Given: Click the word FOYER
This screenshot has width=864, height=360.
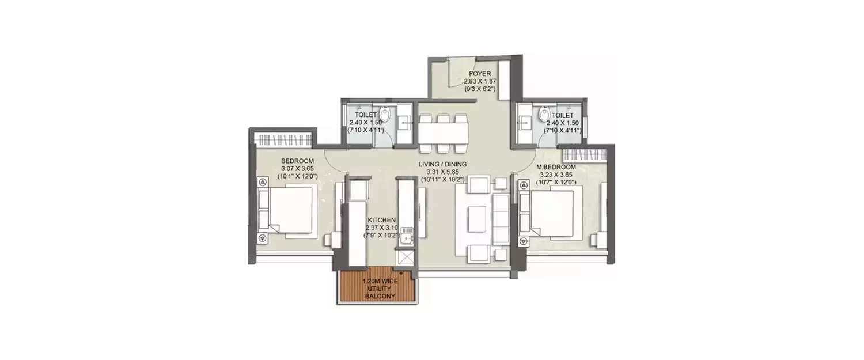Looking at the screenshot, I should (x=479, y=74).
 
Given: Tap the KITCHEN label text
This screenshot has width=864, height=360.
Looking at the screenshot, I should (x=381, y=220).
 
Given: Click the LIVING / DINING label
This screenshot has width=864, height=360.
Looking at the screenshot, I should (x=442, y=164).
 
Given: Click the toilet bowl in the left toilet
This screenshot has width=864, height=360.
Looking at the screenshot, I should (x=385, y=114).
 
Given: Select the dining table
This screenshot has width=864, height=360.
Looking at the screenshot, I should (x=443, y=133).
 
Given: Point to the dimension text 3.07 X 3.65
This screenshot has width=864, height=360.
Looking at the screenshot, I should (x=297, y=168).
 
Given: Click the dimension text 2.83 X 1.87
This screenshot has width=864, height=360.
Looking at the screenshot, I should (x=479, y=82).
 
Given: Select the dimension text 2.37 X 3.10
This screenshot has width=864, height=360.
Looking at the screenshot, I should (x=381, y=228).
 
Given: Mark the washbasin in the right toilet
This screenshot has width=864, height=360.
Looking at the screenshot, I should (x=525, y=122).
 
